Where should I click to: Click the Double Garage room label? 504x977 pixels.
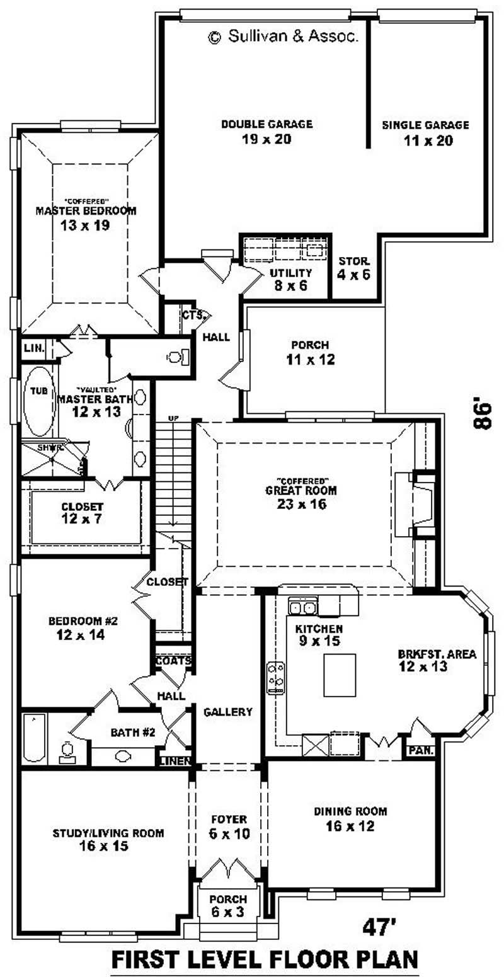coord(266,132)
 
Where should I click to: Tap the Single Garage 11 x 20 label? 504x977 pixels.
coord(425,133)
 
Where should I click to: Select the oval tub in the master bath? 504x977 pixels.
coord(39,401)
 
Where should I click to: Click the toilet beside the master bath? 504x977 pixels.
coord(177,357)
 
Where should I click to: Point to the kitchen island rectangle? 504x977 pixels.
coord(340,675)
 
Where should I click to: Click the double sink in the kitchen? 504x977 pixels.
coord(302,607)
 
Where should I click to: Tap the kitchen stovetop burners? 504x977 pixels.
coord(275,678)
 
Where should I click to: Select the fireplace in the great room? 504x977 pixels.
coord(421,503)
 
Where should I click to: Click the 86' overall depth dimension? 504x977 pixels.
coord(482,412)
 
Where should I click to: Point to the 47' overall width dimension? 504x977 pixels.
coord(379,927)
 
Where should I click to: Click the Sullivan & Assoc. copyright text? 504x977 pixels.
coord(283,37)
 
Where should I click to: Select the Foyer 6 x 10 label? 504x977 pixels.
coord(229,826)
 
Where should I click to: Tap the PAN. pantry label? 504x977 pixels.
coord(418,751)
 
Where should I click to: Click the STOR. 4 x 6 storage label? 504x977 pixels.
coord(353,268)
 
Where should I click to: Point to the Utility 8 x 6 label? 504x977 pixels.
coord(290,278)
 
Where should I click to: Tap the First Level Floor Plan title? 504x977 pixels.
coord(265,959)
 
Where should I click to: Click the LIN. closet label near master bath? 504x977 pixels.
coord(32,348)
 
